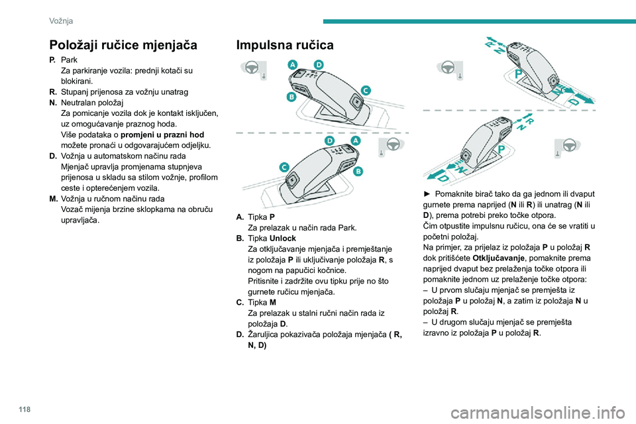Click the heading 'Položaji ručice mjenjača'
coord(123,46)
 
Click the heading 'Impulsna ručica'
coord(286,46)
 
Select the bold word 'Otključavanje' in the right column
coord(499,258)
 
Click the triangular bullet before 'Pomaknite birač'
coord(427,193)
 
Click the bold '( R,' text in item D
coord(394,334)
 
